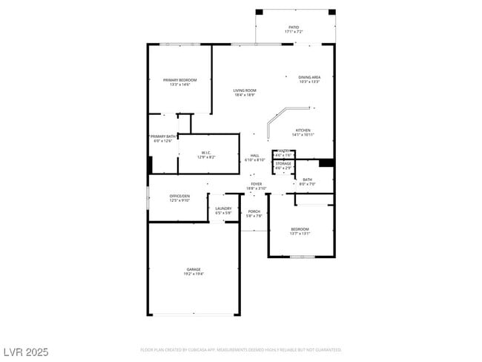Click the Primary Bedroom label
(x=180, y=80)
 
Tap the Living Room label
(x=245, y=90)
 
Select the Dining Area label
(x=309, y=77)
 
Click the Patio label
(x=294, y=27)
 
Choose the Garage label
(x=194, y=269)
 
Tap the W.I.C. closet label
(x=206, y=154)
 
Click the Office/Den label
(x=180, y=196)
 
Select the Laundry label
(x=223, y=208)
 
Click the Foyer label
(x=256, y=184)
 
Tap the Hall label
(x=254, y=156)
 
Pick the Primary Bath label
(x=162, y=136)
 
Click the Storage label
(x=283, y=163)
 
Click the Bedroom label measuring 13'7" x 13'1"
(x=300, y=228)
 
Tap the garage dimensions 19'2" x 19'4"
(x=194, y=274)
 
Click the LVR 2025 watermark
(x=26, y=351)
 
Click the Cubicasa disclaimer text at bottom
(x=241, y=349)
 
